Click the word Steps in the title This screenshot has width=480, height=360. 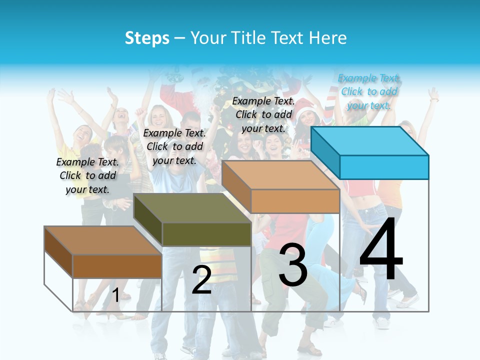tap(147, 38)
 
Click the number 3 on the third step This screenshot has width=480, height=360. tap(293, 265)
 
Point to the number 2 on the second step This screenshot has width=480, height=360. tap(201, 279)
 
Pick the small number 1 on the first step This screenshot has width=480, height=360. tap(116, 295)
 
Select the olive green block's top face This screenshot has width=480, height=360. tap(192, 207)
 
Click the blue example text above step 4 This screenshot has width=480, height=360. tap(369, 91)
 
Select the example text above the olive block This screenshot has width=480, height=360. tap(174, 146)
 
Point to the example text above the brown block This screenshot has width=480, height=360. tap(87, 175)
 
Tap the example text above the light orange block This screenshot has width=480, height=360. tap(263, 114)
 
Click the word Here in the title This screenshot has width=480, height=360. tap(328, 38)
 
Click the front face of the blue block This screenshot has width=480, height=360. tap(384, 167)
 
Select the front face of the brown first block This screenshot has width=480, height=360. tap(117, 266)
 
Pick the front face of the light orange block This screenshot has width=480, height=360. tap(295, 201)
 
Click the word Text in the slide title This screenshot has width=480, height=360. tap(288, 38)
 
